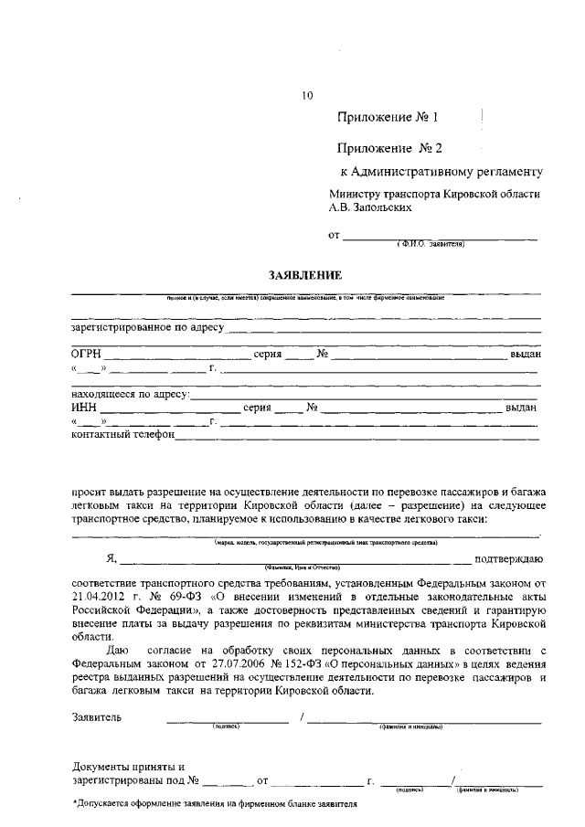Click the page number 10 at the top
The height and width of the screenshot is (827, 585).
pos(307,94)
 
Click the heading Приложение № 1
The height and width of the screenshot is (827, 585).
pos(388,118)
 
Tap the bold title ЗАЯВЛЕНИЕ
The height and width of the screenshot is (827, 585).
pos(304,275)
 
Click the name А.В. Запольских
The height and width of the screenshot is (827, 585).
pos(370,207)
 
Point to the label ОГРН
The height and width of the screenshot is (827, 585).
pos(86,353)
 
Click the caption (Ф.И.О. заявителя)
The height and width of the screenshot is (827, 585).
pos(431,244)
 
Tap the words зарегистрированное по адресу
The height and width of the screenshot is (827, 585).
pos(146,326)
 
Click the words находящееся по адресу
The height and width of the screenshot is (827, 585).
pos(129,394)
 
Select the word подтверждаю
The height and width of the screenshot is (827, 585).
pos(509,558)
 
